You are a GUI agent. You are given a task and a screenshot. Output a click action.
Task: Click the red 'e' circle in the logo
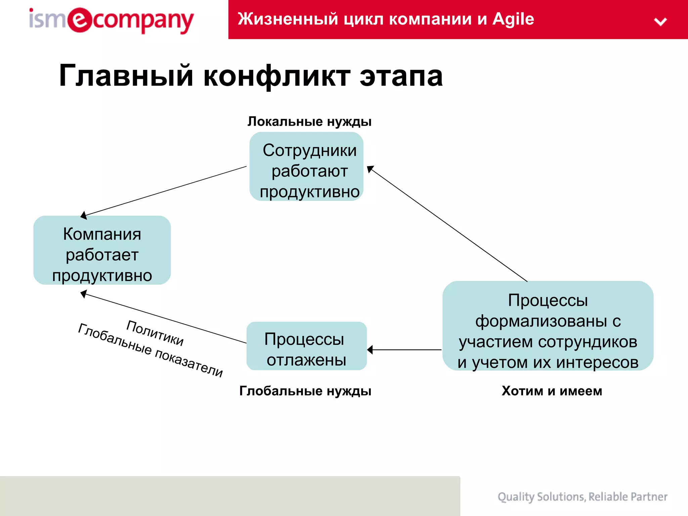coord(80,20)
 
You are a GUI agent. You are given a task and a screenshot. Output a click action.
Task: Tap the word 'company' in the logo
coord(143,21)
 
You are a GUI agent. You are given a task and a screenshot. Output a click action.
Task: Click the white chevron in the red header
coord(660,22)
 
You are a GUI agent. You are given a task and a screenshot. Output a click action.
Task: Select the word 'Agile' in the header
coord(513,19)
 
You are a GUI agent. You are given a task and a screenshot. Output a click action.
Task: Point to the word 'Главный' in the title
coord(126,76)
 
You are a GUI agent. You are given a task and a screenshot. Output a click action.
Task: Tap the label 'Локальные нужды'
coord(309,122)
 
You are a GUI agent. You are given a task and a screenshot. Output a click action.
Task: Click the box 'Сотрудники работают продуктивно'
coord(306,167)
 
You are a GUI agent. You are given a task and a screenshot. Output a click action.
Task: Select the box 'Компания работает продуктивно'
coord(102,250)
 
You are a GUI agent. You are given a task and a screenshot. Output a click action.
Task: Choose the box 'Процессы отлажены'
coord(306,346)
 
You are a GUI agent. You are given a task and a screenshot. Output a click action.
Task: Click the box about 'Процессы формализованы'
coord(548,326)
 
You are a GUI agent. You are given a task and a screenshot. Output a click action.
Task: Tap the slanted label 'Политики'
coord(155,333)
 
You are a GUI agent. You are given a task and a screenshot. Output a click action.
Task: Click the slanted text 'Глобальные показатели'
coord(150,350)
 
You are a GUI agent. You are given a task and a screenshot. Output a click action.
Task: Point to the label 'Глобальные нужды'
coord(305,391)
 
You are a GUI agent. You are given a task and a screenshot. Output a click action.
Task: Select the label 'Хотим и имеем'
coord(552,391)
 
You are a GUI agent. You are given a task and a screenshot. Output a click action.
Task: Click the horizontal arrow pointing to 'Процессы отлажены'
coord(405,350)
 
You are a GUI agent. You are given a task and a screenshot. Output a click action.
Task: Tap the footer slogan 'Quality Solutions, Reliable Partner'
coord(582,497)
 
